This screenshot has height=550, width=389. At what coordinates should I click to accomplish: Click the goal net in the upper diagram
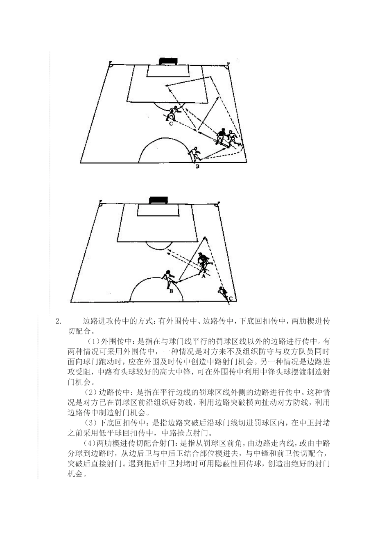tap(168, 61)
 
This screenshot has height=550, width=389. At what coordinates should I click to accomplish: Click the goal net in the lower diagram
tap(158, 200)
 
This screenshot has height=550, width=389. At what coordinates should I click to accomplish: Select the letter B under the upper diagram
tap(197, 167)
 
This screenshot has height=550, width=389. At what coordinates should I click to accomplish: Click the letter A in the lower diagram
tap(203, 276)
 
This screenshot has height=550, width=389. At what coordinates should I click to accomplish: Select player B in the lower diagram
tap(169, 279)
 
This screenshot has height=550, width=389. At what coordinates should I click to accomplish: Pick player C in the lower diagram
tap(222, 292)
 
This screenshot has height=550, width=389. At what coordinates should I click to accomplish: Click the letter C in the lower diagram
tap(231, 299)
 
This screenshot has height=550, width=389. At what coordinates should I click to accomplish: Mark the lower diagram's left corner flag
tap(100, 203)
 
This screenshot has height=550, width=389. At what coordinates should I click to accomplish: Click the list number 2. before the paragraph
tap(58, 321)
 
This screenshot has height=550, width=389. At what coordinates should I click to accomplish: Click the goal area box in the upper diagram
tap(168, 71)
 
